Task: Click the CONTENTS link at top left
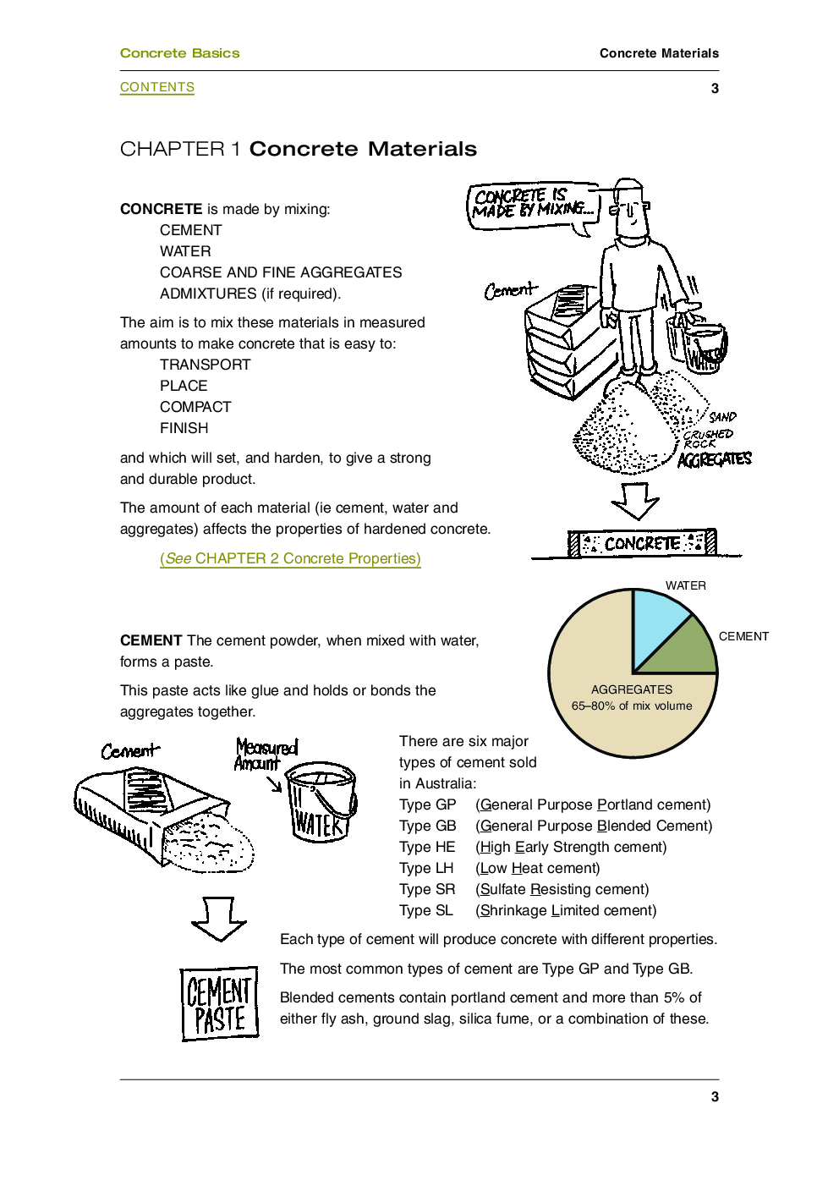[157, 87]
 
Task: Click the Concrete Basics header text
[179, 53]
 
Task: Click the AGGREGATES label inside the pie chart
[632, 689]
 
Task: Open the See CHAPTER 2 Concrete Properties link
[290, 558]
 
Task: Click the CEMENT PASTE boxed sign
[220, 1003]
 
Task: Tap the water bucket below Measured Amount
[319, 802]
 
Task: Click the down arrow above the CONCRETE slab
[635, 500]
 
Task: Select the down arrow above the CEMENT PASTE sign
[218, 919]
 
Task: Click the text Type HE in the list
[427, 847]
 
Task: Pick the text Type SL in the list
[426, 910]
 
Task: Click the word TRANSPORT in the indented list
[206, 365]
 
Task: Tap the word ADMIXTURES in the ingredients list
[208, 294]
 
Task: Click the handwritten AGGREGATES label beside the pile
[715, 459]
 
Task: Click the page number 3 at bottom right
[715, 1096]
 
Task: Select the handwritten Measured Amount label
[266, 755]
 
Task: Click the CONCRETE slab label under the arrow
[643, 543]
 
